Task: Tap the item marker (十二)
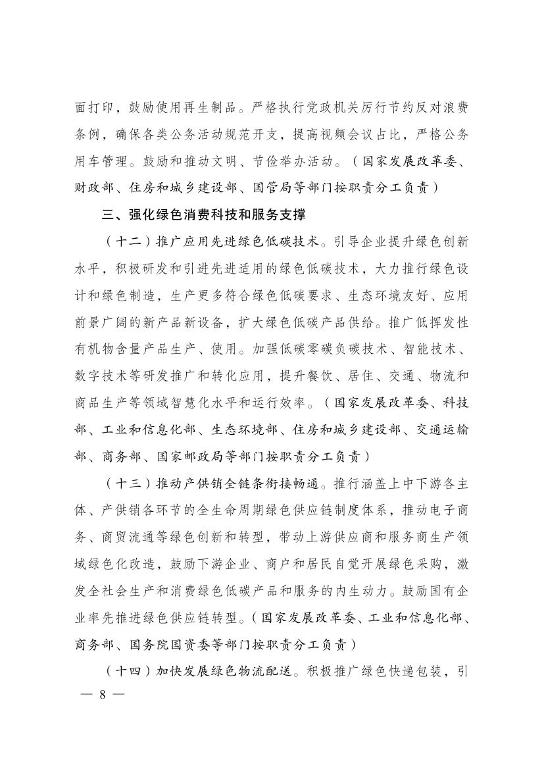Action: tap(127, 241)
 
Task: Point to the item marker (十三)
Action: tap(127, 483)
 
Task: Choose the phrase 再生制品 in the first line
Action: tap(217, 107)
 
